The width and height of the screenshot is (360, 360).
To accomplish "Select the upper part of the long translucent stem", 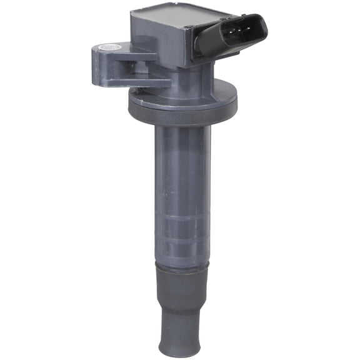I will pos(181,156).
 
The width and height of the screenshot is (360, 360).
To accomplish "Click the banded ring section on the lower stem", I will pos(181,231).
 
